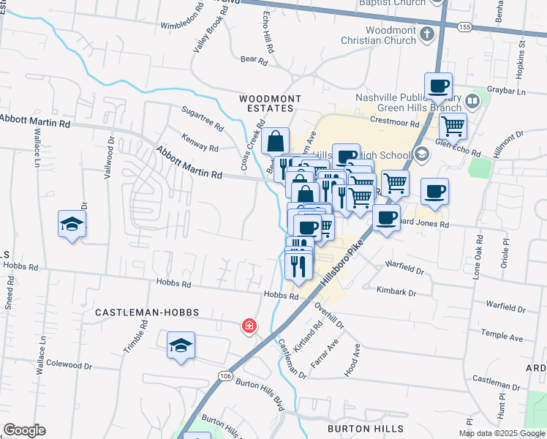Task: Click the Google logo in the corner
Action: [x=23, y=430]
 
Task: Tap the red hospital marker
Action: [x=249, y=325]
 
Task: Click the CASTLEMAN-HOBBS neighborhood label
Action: [x=146, y=312]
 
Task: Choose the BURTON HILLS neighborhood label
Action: [x=365, y=428]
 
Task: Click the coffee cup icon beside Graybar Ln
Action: [x=438, y=86]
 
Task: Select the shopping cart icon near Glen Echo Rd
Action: [x=453, y=126]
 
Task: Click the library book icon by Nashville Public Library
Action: [x=472, y=101]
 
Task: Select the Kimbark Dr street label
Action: [x=396, y=292]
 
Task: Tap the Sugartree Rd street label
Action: [x=202, y=117]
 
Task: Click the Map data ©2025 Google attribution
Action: [x=502, y=433]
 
